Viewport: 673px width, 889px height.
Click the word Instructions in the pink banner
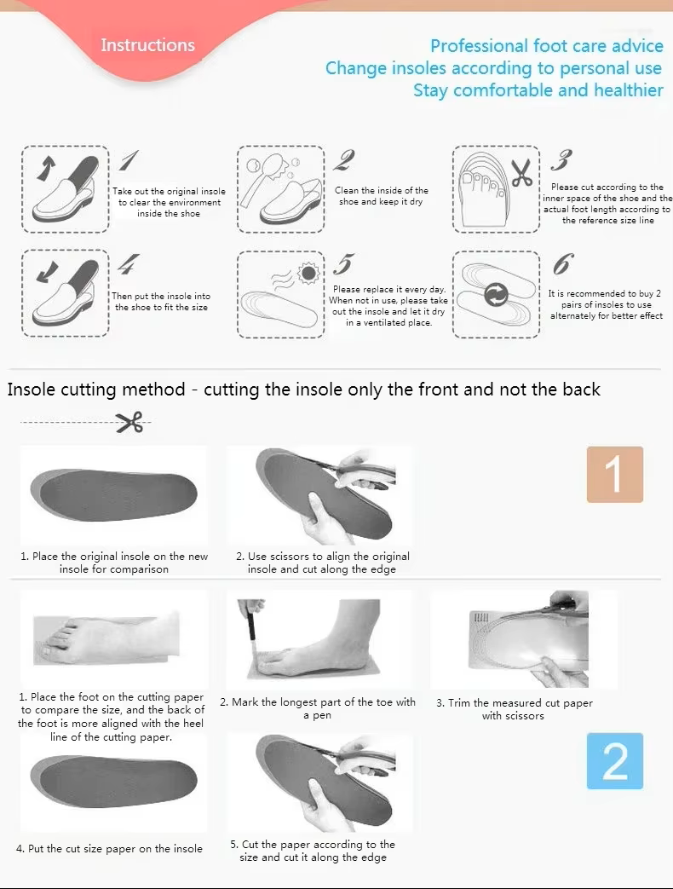147,45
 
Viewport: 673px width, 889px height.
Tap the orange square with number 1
614,475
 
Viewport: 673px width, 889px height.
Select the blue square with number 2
614,760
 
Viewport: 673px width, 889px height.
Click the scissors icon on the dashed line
129,422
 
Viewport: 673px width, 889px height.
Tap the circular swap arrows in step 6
496,296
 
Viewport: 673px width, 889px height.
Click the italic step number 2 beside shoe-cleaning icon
344,159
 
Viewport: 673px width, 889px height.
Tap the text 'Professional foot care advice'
546,46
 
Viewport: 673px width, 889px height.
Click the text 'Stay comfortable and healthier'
538,90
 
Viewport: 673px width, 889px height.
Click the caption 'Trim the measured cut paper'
515,703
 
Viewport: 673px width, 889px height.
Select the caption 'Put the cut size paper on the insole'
110,848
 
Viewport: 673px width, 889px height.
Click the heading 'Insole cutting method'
96,390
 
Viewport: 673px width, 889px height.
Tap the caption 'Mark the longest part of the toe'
318,702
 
